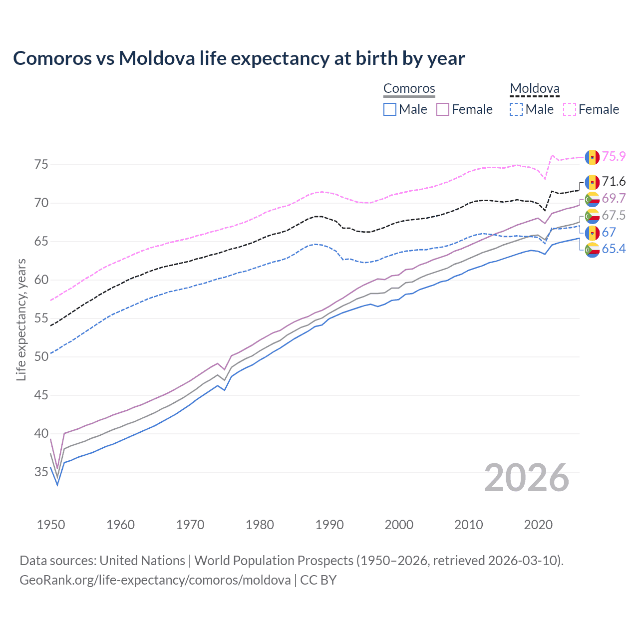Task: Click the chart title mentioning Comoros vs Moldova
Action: click(239, 58)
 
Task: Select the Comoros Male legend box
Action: click(390, 109)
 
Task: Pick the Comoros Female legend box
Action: click(443, 109)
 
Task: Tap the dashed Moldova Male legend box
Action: click(516, 109)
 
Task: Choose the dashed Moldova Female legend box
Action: click(570, 109)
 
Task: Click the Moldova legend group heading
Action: click(534, 89)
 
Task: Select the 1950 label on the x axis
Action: click(51, 525)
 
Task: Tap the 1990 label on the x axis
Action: click(329, 525)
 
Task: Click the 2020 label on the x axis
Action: click(538, 525)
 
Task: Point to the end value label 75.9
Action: click(614, 157)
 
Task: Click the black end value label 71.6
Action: click(614, 182)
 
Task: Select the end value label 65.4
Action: click(614, 249)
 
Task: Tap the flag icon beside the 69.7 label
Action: click(592, 199)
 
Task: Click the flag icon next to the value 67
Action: click(592, 233)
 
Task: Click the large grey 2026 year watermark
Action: click(526, 478)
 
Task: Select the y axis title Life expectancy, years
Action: click(21, 319)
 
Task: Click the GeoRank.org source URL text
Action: click(155, 580)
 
